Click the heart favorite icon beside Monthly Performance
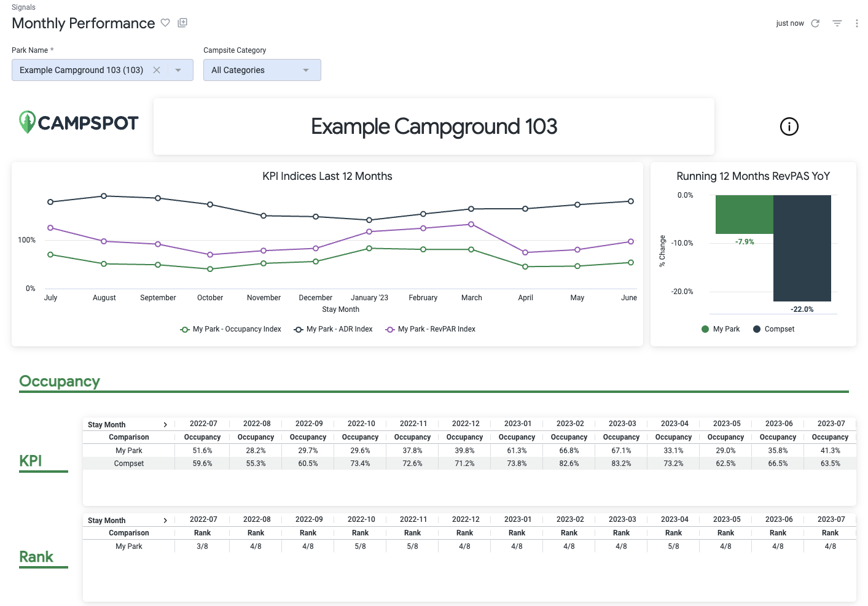[x=165, y=23]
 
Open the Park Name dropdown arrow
[x=178, y=70]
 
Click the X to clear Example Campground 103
[x=157, y=70]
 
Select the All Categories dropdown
[x=262, y=70]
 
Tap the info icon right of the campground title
[x=789, y=126]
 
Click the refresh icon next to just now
[x=815, y=23]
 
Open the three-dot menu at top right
[x=856, y=23]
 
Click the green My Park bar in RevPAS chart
[x=744, y=214]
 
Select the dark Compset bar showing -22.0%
[x=802, y=248]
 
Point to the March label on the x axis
[x=471, y=298]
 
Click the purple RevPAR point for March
[x=471, y=224]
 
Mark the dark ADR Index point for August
[x=104, y=196]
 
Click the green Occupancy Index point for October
[x=210, y=269]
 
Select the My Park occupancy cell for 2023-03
[x=621, y=451]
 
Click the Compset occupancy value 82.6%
[x=569, y=464]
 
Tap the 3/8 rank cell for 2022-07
[x=202, y=546]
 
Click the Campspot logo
[x=79, y=123]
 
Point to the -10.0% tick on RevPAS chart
[x=682, y=243]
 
